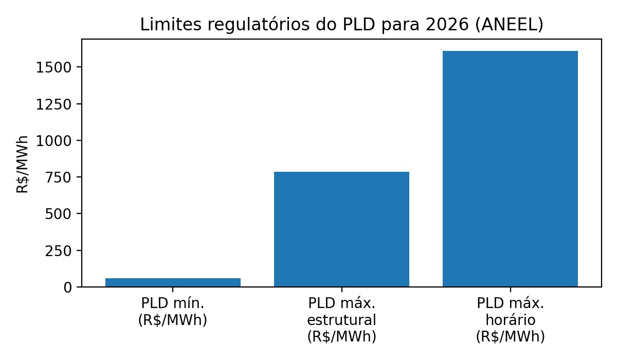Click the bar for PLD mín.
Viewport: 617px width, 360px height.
(173, 282)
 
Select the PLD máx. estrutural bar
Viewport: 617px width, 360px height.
(341, 229)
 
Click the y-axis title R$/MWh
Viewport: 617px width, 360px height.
(23, 164)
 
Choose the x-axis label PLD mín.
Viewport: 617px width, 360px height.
(173, 303)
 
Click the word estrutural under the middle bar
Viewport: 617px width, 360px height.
(341, 320)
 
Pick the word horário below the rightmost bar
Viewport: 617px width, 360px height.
(510, 320)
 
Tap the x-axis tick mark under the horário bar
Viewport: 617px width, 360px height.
(510, 289)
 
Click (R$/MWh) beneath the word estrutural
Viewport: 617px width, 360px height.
(341, 337)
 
